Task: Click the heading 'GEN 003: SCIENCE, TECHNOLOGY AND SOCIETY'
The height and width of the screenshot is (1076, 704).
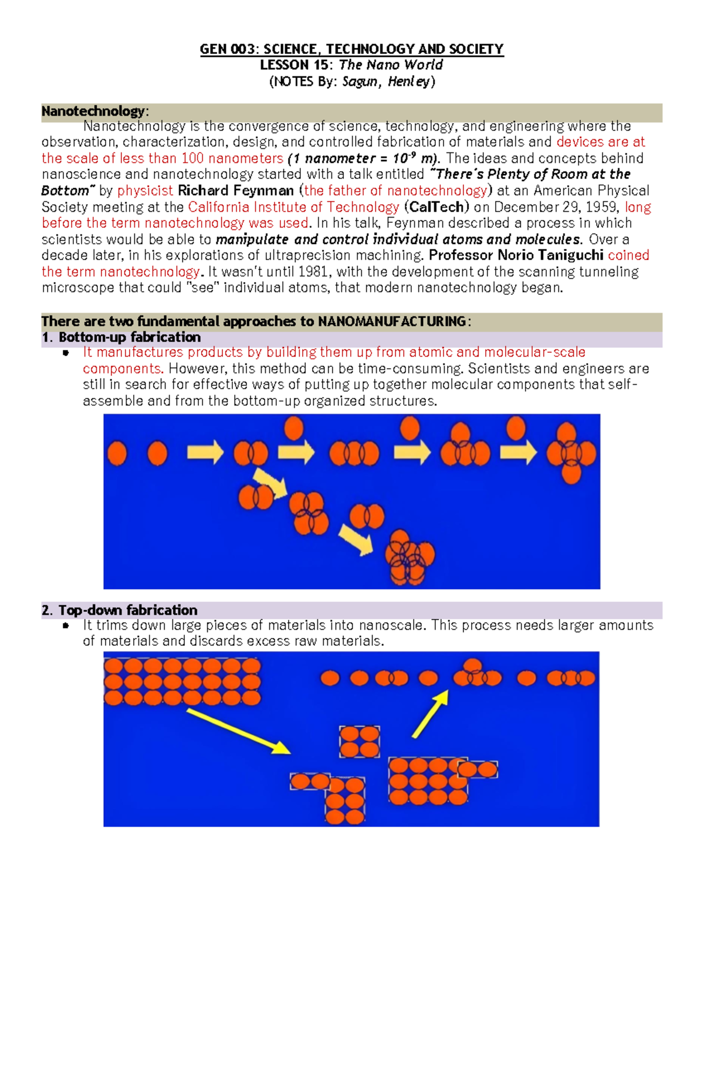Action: click(x=351, y=49)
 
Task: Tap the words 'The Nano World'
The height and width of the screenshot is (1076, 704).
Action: click(x=391, y=65)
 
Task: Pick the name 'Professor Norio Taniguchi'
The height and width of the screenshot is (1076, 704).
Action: click(x=516, y=255)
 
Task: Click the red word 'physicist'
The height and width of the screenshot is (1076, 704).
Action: click(x=145, y=191)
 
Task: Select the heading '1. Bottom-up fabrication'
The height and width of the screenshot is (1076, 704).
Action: click(x=121, y=337)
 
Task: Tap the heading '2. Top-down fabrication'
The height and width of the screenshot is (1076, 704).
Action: click(x=120, y=610)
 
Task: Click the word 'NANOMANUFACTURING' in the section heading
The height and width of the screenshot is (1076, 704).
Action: click(x=392, y=321)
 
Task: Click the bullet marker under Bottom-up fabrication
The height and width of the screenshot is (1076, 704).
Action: click(x=66, y=352)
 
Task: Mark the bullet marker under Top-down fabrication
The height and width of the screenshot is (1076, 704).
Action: click(x=66, y=626)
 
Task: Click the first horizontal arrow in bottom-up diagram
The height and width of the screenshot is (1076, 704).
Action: click(x=205, y=452)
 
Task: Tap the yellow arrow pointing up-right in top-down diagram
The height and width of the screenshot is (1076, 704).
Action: click(x=430, y=713)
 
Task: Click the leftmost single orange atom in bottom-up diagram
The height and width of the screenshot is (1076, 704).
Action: click(x=117, y=453)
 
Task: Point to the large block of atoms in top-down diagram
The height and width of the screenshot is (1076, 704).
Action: click(x=182, y=681)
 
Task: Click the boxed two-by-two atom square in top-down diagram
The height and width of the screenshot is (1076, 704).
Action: click(x=359, y=742)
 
